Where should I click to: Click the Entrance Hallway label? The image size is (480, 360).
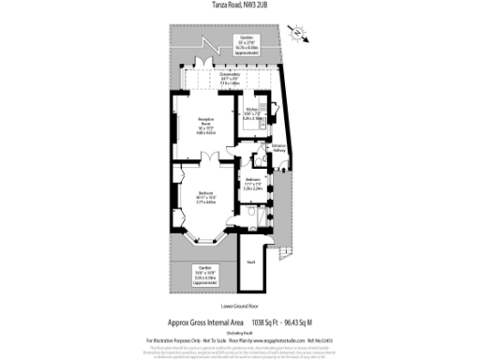pos(278,147)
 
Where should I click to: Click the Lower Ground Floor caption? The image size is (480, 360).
pos(238,306)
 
